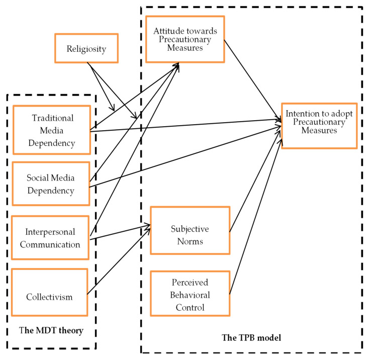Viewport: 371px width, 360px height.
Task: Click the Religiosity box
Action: pyautogui.click(x=86, y=48)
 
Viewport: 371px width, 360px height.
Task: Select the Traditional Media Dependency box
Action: pyautogui.click(x=53, y=130)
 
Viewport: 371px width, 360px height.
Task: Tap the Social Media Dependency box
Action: pyautogui.click(x=51, y=184)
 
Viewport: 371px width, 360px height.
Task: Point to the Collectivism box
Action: pyautogui.click(x=49, y=296)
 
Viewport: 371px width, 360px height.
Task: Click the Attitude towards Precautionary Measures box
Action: pyautogui.click(x=185, y=39)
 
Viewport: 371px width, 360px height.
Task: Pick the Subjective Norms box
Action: pyautogui.click(x=190, y=234)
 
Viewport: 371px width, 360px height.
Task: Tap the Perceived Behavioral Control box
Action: pyautogui.click(x=190, y=293)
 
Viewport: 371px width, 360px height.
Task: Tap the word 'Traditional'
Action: pyautogui.click(x=52, y=119)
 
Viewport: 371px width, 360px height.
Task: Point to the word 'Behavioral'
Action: pyautogui.click(x=190, y=294)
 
